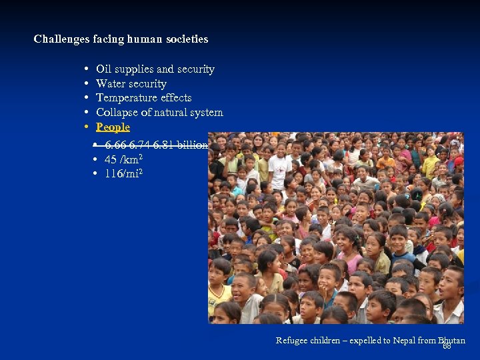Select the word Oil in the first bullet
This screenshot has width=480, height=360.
click(x=103, y=69)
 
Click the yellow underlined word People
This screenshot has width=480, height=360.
click(x=113, y=127)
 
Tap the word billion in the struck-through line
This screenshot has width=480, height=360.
click(x=193, y=145)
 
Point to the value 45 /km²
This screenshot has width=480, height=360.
click(x=123, y=160)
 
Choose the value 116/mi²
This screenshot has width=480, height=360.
click(x=123, y=174)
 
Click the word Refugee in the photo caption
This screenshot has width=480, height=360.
click(x=293, y=341)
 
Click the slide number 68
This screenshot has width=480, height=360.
click(x=447, y=347)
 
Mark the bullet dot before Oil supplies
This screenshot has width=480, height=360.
click(x=87, y=69)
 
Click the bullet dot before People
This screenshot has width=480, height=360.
click(x=87, y=127)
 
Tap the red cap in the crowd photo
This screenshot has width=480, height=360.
click(x=458, y=161)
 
